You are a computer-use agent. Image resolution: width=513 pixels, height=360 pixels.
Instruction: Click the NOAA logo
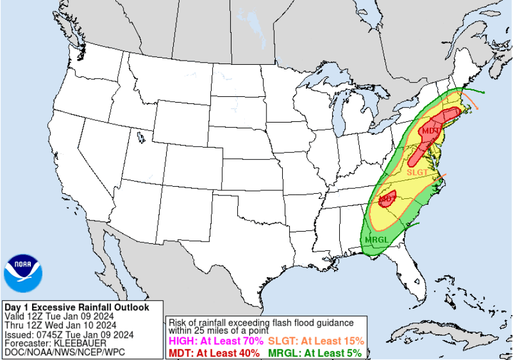click(x=23, y=273)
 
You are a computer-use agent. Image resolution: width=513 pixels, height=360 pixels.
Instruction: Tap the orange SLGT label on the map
click(x=417, y=172)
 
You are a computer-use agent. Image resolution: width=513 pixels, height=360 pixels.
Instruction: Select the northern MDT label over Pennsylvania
click(x=430, y=131)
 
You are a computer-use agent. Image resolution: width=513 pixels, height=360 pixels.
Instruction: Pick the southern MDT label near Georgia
click(x=386, y=199)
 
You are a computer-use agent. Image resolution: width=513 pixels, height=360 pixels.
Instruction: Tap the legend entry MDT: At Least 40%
click(x=213, y=352)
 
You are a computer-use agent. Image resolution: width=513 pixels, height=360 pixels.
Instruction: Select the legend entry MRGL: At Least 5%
click(x=314, y=352)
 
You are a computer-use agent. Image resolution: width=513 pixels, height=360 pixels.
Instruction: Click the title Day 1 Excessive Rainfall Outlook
click(x=76, y=307)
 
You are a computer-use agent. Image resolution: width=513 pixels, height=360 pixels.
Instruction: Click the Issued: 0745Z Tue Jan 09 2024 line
click(x=69, y=334)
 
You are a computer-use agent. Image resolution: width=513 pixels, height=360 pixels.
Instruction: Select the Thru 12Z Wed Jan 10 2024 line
click(x=60, y=325)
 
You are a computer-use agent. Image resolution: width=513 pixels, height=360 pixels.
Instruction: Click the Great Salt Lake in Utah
click(x=140, y=138)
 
